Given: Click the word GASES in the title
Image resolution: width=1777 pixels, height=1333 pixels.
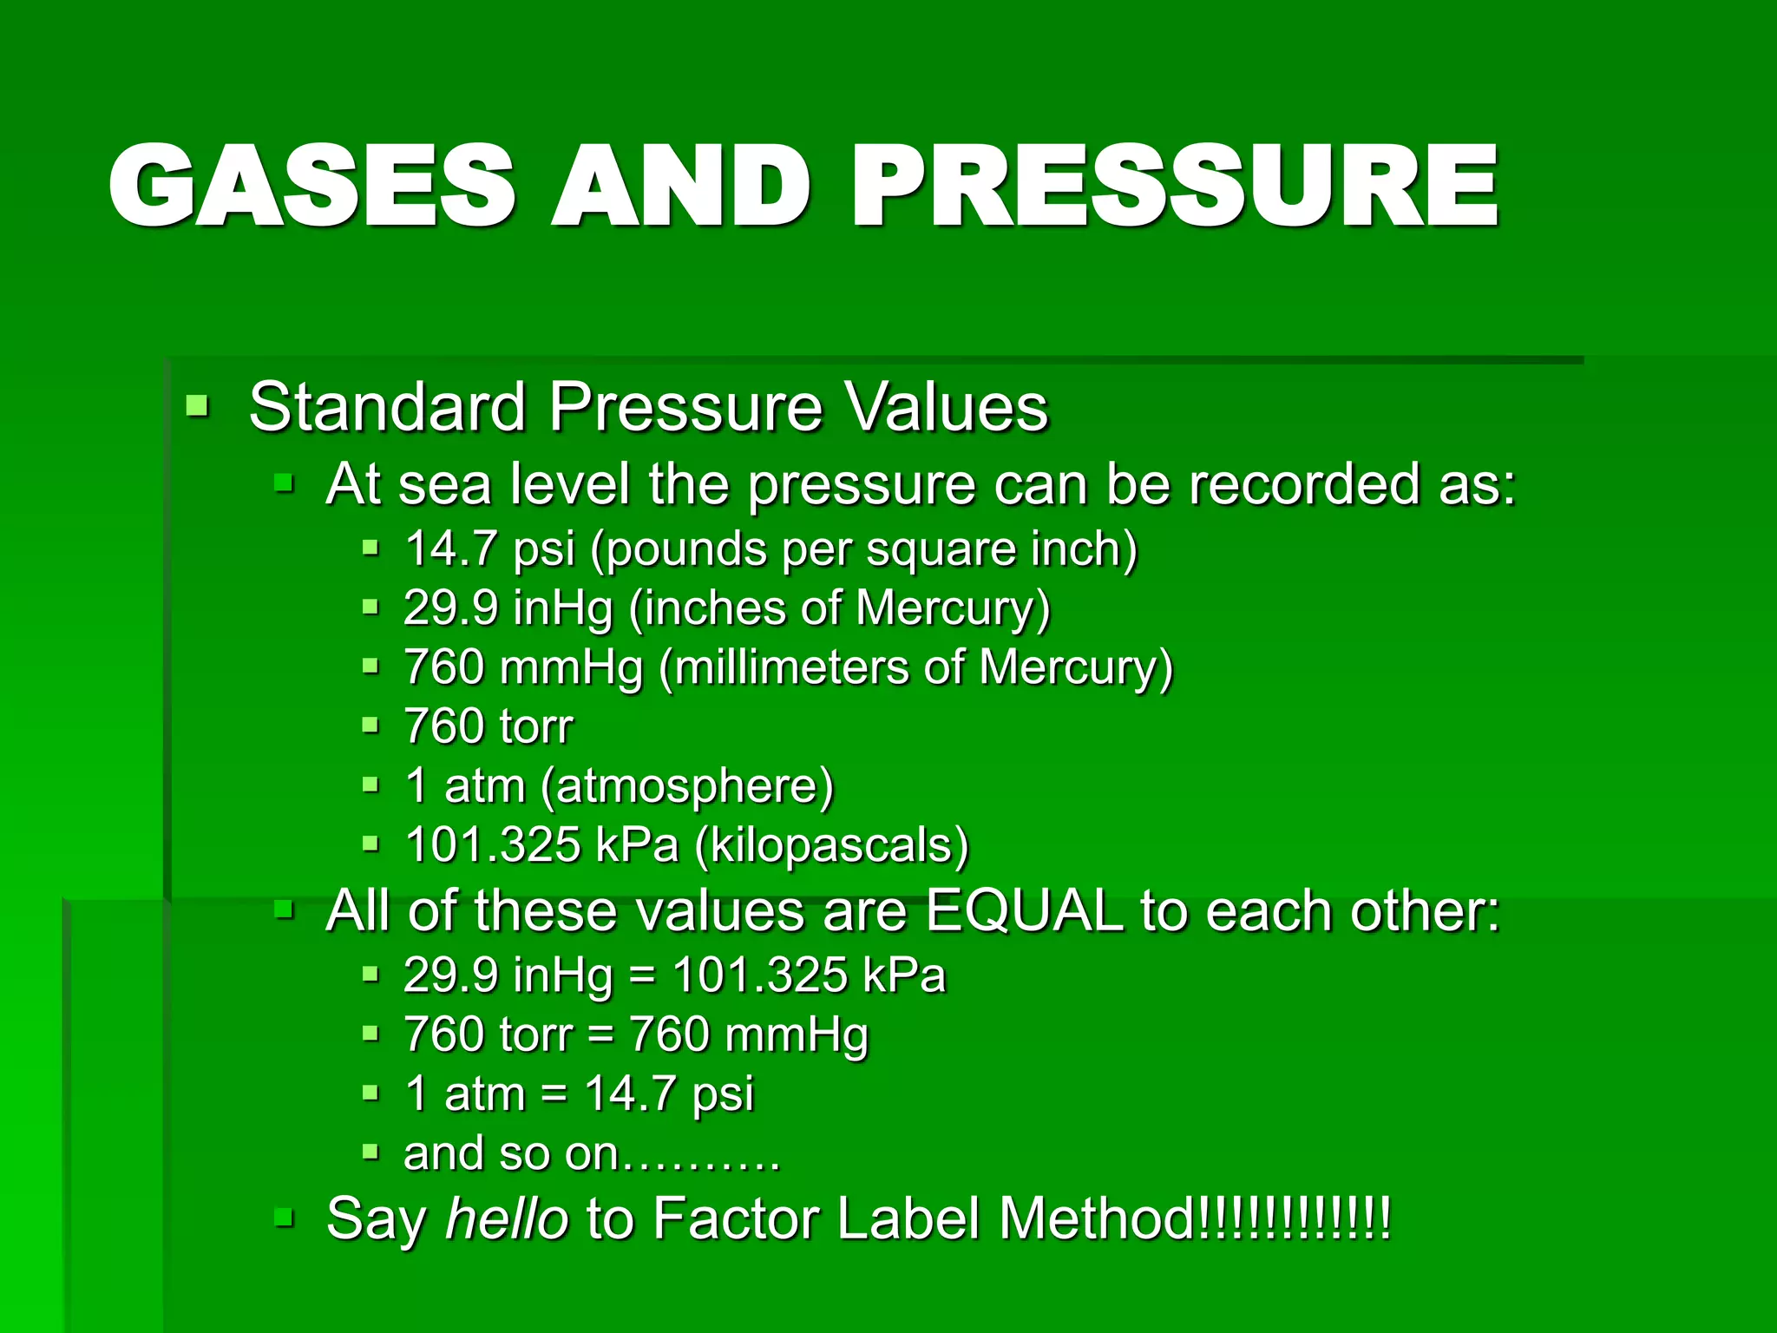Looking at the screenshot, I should click(x=312, y=187).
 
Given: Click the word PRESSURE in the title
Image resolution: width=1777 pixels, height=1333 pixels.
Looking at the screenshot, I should click(x=1176, y=187).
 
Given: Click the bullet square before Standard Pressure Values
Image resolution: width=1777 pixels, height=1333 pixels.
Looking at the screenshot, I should click(x=198, y=405).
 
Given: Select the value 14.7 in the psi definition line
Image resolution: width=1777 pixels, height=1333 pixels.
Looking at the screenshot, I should click(x=451, y=549).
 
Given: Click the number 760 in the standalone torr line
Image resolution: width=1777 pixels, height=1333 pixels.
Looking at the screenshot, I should click(x=443, y=726).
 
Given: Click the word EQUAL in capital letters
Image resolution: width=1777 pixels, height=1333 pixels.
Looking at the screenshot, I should click(x=1024, y=911).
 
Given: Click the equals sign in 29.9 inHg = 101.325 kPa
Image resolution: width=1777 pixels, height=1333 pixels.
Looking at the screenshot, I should click(x=641, y=975).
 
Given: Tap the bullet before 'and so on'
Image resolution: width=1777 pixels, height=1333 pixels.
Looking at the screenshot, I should click(x=370, y=1152).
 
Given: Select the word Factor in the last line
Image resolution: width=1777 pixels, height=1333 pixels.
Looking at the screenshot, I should click(x=735, y=1218).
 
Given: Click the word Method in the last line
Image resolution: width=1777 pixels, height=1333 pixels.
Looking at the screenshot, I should click(x=1098, y=1218).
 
